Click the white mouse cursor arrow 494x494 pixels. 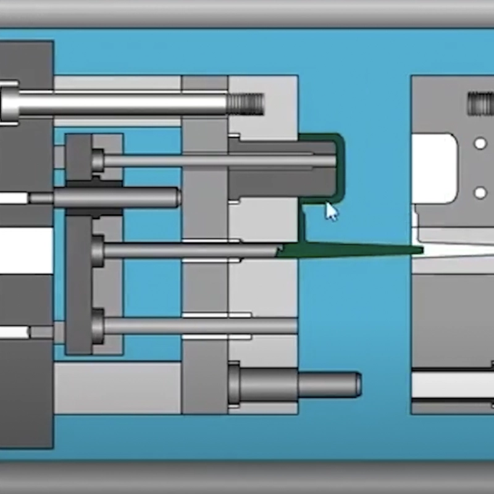pos(332,212)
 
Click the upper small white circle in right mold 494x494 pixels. pos(480,144)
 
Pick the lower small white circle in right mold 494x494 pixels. pos(480,193)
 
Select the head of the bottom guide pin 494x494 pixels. pos(234,385)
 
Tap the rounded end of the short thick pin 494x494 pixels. pos(174,198)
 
